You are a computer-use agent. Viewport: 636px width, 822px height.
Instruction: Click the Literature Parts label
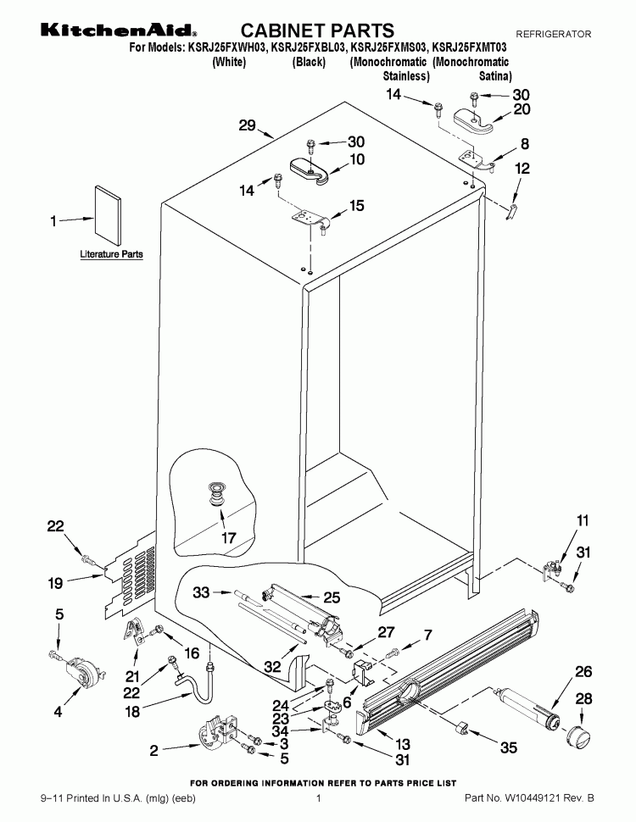coord(111,254)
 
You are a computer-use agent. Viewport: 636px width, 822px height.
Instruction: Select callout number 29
coord(247,126)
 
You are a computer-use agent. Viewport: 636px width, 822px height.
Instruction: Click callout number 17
coord(228,536)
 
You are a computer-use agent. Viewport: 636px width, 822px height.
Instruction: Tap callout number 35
coord(508,747)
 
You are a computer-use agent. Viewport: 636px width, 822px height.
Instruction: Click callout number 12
coord(522,169)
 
